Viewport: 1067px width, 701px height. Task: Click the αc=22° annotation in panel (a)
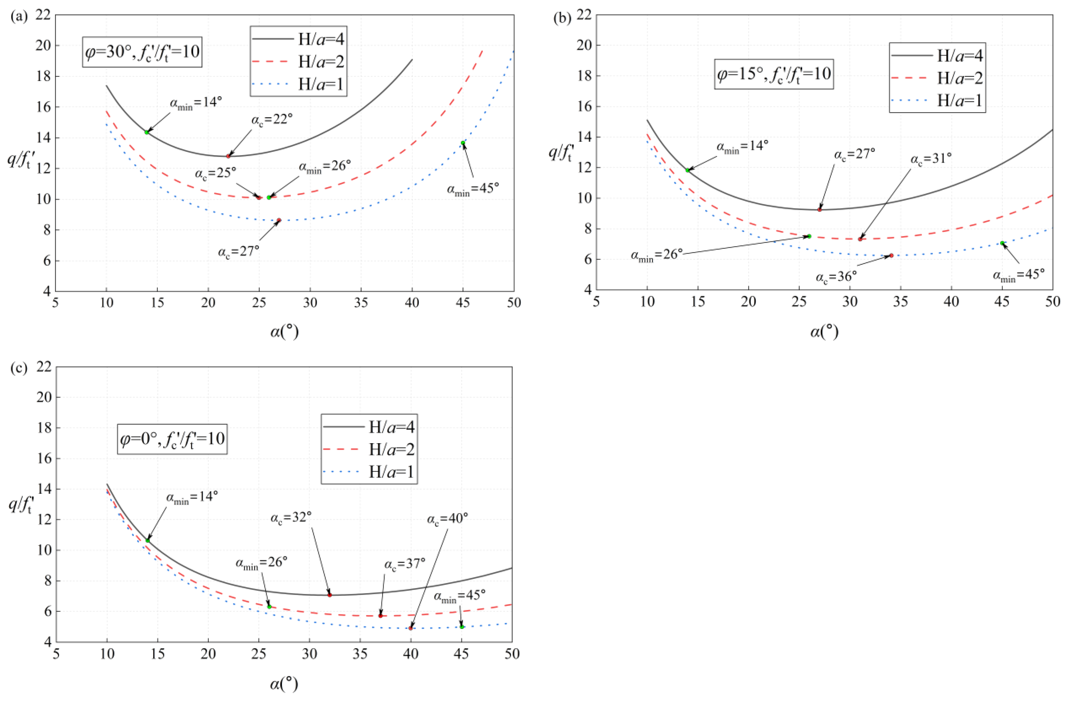click(x=272, y=120)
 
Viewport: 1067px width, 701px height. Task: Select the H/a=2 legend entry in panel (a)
click(x=298, y=62)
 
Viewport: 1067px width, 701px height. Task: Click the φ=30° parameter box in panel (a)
click(x=142, y=52)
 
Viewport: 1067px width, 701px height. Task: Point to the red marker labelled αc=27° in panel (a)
click(x=279, y=220)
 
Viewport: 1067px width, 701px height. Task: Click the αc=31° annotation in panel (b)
click(x=930, y=159)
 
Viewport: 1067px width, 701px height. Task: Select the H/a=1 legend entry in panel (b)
click(x=937, y=100)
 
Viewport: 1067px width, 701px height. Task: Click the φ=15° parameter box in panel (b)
click(x=774, y=74)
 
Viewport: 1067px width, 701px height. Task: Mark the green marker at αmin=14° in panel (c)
click(x=148, y=541)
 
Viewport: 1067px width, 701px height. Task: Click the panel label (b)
click(x=562, y=18)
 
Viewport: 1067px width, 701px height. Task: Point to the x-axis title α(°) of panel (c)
click(x=284, y=684)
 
